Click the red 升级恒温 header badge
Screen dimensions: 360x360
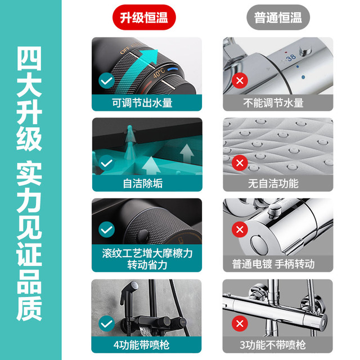[144, 17]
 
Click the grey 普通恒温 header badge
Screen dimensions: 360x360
[278, 17]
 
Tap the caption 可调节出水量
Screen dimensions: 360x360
[142, 103]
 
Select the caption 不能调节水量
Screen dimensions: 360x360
[273, 103]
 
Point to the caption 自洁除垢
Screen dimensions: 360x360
[143, 183]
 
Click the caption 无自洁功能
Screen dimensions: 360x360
[273, 183]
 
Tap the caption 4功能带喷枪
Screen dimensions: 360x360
[141, 345]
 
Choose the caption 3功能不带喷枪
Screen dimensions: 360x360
[273, 345]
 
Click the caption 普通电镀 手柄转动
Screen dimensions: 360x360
[273, 264]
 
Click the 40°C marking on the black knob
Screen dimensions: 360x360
[159, 73]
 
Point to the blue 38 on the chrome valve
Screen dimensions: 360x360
[291, 57]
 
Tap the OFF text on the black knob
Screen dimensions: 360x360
[125, 49]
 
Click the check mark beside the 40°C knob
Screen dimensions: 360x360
[106, 80]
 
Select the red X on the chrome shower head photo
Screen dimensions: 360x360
[240, 163]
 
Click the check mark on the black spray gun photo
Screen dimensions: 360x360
[106, 323]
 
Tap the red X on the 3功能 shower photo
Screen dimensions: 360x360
[240, 323]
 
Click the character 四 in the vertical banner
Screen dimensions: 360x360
[29, 58]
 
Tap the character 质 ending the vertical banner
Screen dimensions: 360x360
[29, 308]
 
